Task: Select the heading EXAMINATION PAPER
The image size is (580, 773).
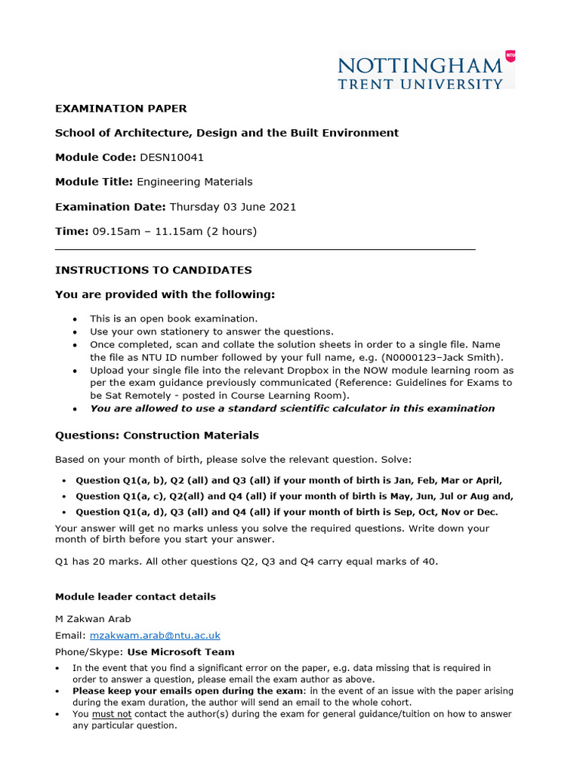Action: pyautogui.click(x=121, y=109)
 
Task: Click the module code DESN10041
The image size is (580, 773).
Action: pyautogui.click(x=172, y=157)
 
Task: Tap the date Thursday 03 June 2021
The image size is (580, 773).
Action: pyautogui.click(x=233, y=206)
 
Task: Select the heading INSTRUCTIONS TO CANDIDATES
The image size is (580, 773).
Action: pyautogui.click(x=153, y=269)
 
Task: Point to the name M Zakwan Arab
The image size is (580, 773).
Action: pyautogui.click(x=93, y=618)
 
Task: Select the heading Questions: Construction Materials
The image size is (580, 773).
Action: pyautogui.click(x=157, y=435)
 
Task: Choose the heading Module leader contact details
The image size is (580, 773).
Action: pyautogui.click(x=135, y=596)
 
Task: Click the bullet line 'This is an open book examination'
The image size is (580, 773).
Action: pyautogui.click(x=174, y=319)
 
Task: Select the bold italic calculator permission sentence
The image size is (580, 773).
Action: pyautogui.click(x=292, y=408)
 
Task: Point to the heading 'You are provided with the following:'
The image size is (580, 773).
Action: pyautogui.click(x=165, y=294)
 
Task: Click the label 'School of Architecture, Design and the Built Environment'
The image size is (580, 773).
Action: pyautogui.click(x=227, y=133)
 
